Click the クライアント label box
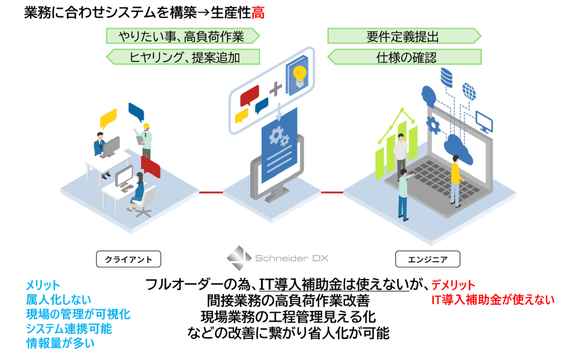pos(128,259)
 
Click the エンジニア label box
pos(428,259)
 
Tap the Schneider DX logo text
pos(292,258)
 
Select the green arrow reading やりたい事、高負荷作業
pos(183,36)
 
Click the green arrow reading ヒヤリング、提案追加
pos(183,57)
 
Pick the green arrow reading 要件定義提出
pos(404,36)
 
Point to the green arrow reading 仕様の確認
pos(404,57)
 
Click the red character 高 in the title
pos(258,13)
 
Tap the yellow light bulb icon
pos(299,76)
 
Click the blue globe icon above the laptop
pos(469,91)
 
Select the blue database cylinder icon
pos(446,77)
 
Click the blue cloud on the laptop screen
pos(458,149)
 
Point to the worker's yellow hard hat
pos(146,126)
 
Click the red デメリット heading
pos(453,284)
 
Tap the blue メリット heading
pos(43,285)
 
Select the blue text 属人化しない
pos(58,300)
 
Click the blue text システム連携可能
pos(68,329)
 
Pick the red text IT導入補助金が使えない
pos(493,300)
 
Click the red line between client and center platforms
pos(211,192)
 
